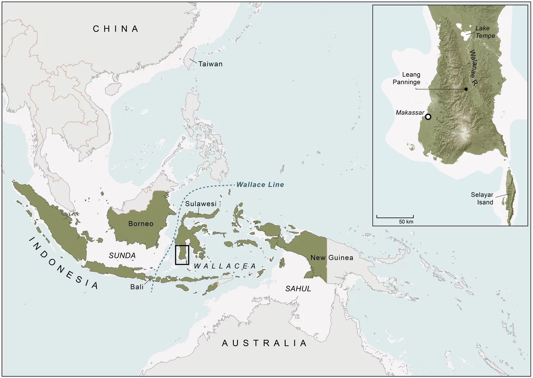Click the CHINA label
(x=116, y=29)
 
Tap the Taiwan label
(x=210, y=64)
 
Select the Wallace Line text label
(x=260, y=185)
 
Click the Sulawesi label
(x=201, y=204)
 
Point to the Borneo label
(x=140, y=224)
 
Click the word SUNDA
(x=122, y=256)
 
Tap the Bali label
(x=137, y=287)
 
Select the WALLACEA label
(x=225, y=266)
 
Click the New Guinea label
(x=332, y=258)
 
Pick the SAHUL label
(x=298, y=289)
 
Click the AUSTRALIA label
(x=264, y=343)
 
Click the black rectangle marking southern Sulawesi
(x=182, y=255)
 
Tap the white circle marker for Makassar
(x=428, y=117)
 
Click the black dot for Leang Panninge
(x=466, y=89)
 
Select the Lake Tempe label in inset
(x=485, y=32)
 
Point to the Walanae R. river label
(x=473, y=67)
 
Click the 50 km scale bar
(x=395, y=217)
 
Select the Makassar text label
(x=410, y=113)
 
